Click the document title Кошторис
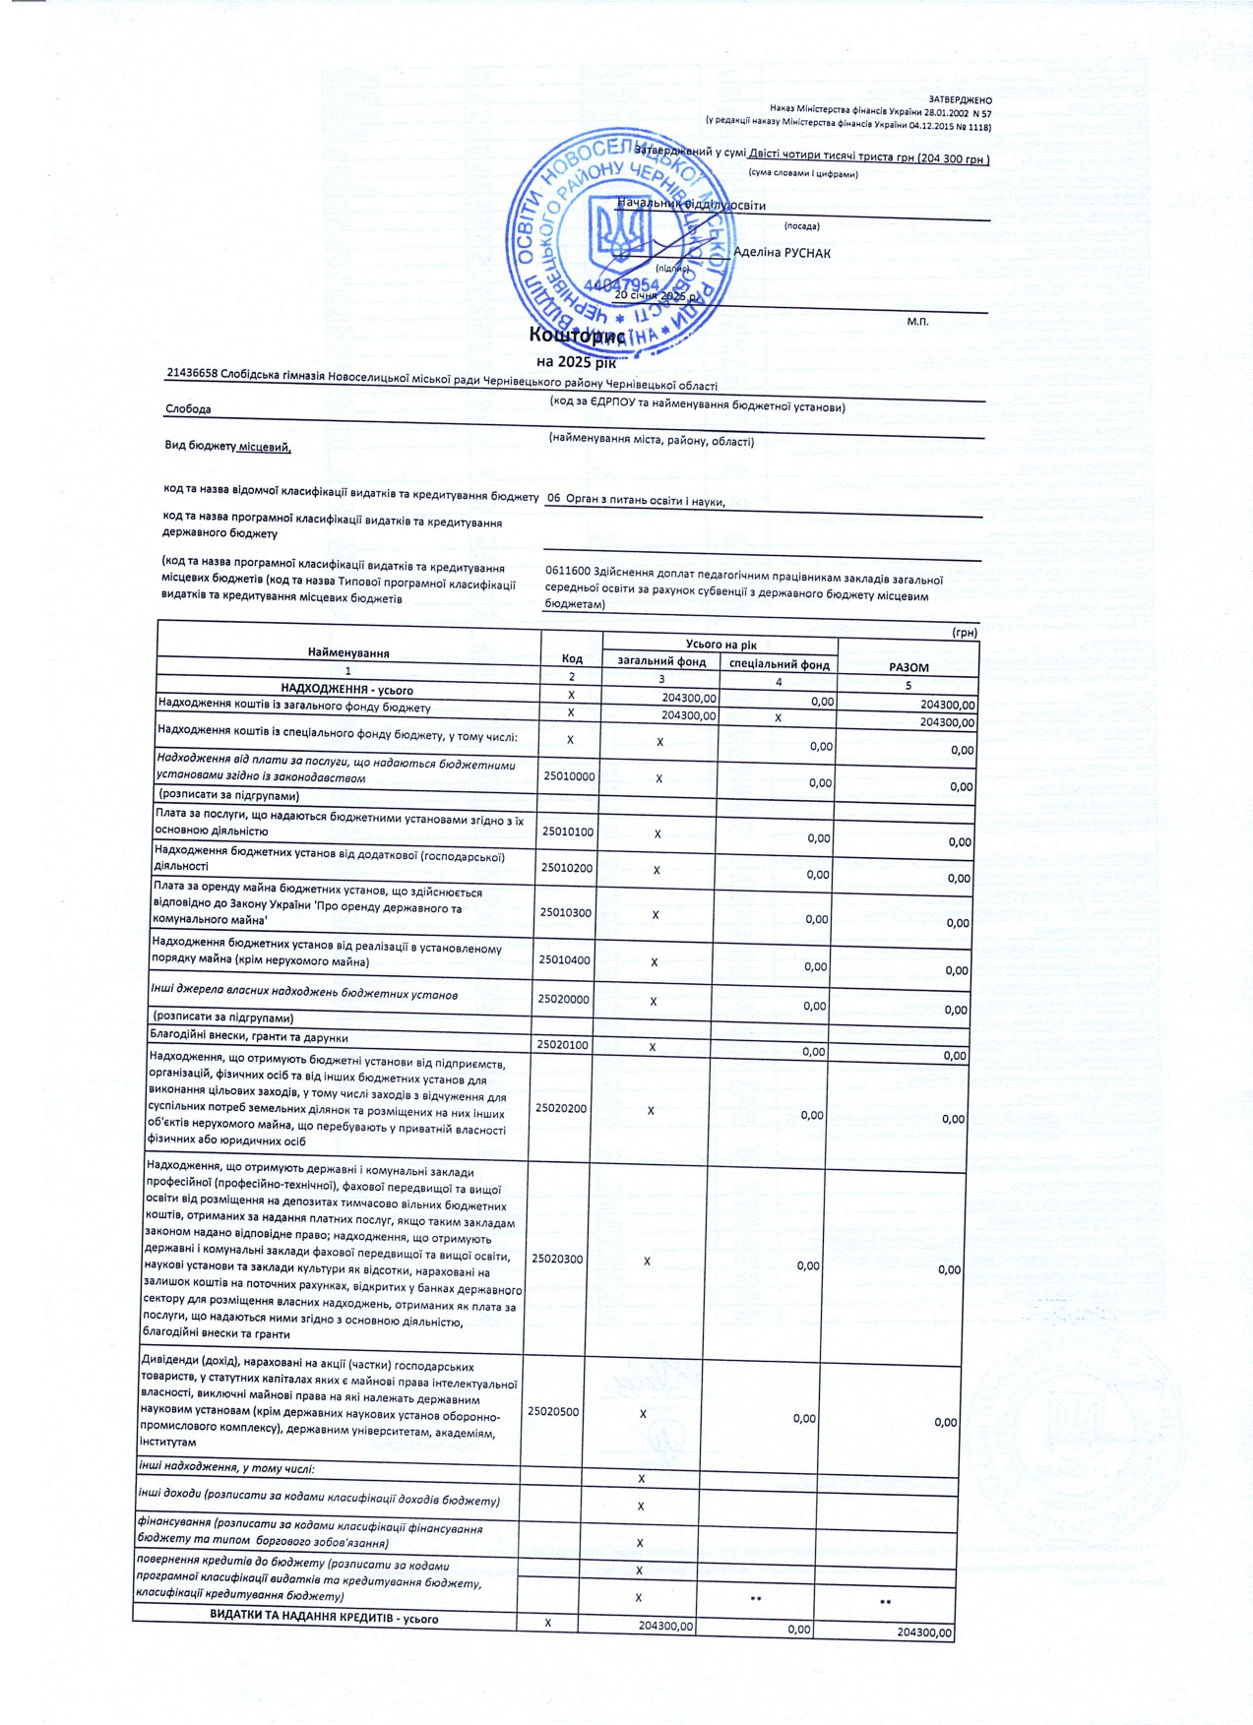point(576,336)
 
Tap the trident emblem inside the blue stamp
point(617,233)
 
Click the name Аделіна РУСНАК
point(782,253)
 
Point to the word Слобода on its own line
point(188,408)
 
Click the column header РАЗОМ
point(908,667)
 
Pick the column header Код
point(571,658)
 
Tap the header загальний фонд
point(661,661)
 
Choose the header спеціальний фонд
point(779,664)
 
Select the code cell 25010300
point(565,912)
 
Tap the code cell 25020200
point(561,1108)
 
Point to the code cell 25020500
point(553,1411)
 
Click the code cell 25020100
point(562,1045)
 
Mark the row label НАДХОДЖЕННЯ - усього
point(346,690)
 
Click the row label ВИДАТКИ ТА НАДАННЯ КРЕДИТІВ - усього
point(324,1618)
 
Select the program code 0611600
point(567,569)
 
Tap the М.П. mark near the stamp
point(917,322)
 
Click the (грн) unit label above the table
point(965,633)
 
